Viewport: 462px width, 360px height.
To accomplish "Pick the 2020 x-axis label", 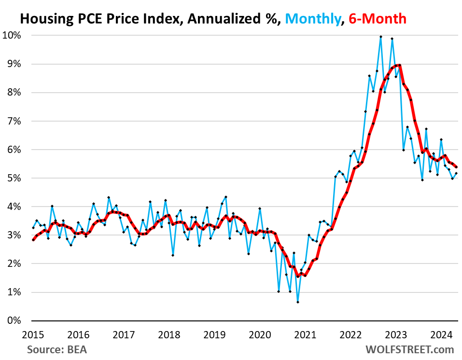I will coord(259,334).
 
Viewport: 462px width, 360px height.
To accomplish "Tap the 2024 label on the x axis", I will coord(441,334).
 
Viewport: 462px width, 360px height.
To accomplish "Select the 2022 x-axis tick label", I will coord(350,334).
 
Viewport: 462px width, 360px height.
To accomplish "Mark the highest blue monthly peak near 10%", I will coord(381,37).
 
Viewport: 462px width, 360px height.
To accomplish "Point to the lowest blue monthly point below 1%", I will coord(298,302).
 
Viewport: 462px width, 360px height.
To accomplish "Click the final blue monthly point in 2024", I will coord(456,173).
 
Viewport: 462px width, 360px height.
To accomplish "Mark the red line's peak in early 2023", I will coord(399,65).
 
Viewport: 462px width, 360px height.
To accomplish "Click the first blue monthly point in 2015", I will coord(33,228).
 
